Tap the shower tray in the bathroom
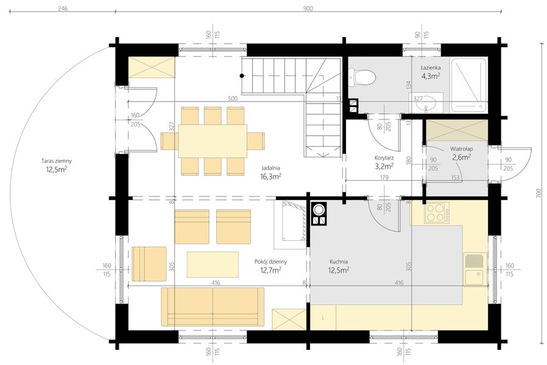pyautogui.click(x=468, y=85)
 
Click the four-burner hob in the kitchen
pyautogui.click(x=437, y=213)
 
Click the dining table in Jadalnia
pyautogui.click(x=213, y=141)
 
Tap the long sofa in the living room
pyautogui.click(x=213, y=307)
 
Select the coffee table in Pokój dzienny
pyautogui.click(x=213, y=265)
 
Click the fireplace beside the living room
pyautogui.click(x=290, y=224)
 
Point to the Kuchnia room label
pyautogui.click(x=339, y=266)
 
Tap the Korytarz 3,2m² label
pyautogui.click(x=384, y=162)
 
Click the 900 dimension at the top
pyautogui.click(x=308, y=9)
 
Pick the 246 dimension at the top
pyautogui.click(x=63, y=9)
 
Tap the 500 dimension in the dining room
pyautogui.click(x=233, y=99)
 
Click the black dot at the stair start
pyautogui.click(x=241, y=75)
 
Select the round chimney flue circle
pyautogui.click(x=319, y=210)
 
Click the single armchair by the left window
pyautogui.click(x=149, y=263)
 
